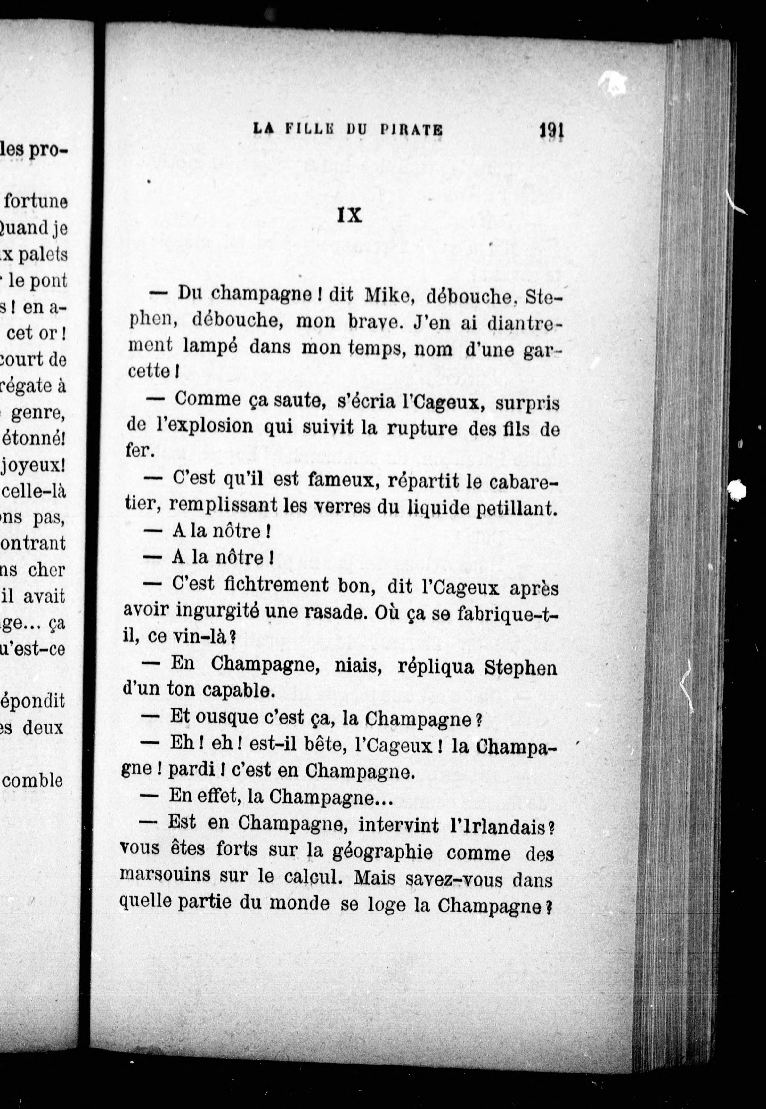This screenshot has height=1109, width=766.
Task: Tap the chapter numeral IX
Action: point(349,215)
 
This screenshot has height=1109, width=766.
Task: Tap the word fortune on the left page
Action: point(36,202)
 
